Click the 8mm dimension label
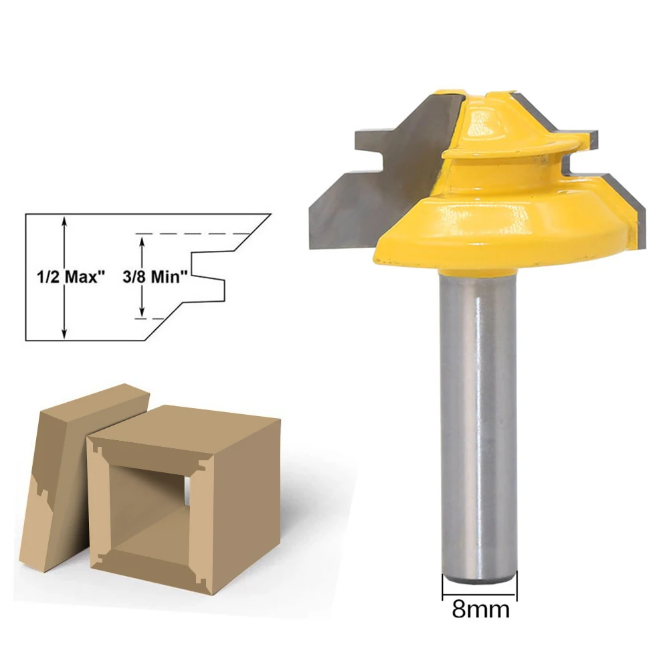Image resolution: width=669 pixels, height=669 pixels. [480, 609]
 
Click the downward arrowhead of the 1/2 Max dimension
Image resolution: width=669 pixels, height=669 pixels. [64, 334]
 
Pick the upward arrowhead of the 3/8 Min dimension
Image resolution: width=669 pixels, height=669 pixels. [141, 239]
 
